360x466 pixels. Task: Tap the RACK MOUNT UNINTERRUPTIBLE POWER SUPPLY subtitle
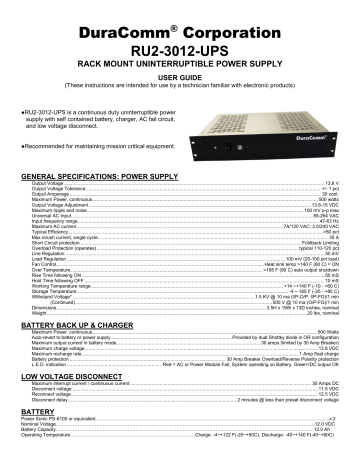pyautogui.click(x=180, y=60)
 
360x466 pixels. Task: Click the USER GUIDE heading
pyautogui.click(x=180, y=76)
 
